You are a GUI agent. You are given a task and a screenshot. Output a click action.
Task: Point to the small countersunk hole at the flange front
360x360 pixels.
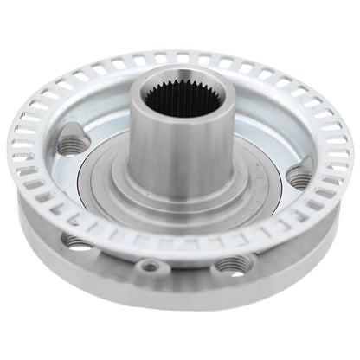pyautogui.click(x=151, y=266)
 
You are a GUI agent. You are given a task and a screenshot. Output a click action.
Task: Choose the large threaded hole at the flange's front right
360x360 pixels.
pyautogui.click(x=228, y=264)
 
